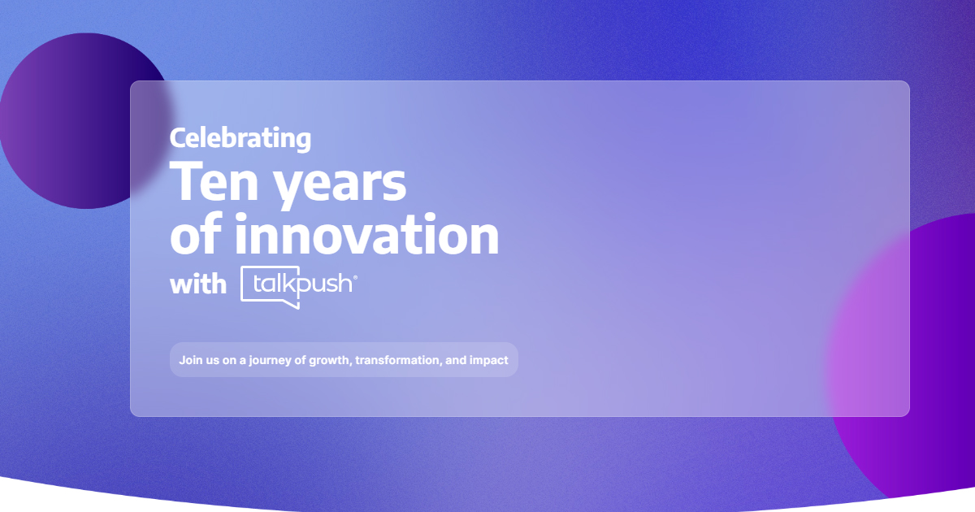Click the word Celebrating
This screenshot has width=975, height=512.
[x=240, y=139]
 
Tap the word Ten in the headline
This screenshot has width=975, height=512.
[x=214, y=181]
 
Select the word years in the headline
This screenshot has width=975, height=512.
[x=340, y=185]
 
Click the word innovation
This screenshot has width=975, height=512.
[x=367, y=233]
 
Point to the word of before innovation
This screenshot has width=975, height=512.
[x=196, y=233]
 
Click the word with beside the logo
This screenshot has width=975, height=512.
[x=198, y=284]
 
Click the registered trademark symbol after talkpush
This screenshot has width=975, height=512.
[x=355, y=277]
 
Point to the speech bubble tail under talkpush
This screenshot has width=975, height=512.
[x=296, y=305]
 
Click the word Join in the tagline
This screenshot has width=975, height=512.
[x=190, y=360]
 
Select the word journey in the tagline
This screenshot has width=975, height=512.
[x=270, y=361]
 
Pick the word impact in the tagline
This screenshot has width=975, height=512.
[x=488, y=361]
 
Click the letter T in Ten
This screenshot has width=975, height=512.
[x=186, y=181]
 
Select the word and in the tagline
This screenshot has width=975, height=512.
[x=455, y=360]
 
